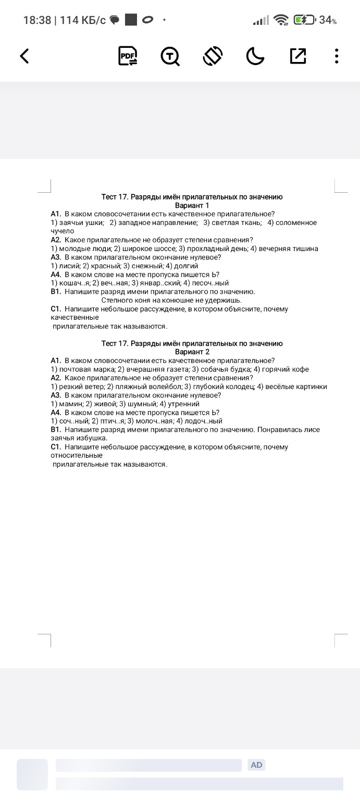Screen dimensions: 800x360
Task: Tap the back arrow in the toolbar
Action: [24, 56]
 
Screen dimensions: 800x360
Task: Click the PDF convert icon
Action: [128, 56]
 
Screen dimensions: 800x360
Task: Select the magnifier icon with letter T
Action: [170, 56]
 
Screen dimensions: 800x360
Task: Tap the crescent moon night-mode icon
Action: [255, 56]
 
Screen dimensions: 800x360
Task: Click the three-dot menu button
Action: [337, 56]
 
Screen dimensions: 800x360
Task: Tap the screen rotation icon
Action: [213, 56]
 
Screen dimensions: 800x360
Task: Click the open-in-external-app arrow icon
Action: [297, 56]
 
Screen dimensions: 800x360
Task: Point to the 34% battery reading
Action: [328, 20]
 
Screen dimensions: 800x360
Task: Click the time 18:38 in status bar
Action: [38, 20]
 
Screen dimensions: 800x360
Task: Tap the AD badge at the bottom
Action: [257, 765]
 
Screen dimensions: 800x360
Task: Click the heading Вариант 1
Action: [192, 205]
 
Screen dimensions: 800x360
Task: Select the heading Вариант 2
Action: [192, 352]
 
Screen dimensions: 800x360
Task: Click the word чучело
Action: [63, 231]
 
